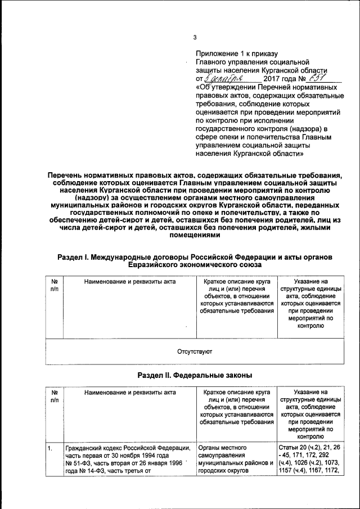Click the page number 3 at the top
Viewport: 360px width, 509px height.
(x=195, y=38)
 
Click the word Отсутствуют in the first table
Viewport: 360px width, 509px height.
(x=195, y=353)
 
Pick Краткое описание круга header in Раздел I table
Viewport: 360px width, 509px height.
(x=236, y=280)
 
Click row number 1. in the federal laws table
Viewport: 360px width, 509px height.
(x=50, y=448)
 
